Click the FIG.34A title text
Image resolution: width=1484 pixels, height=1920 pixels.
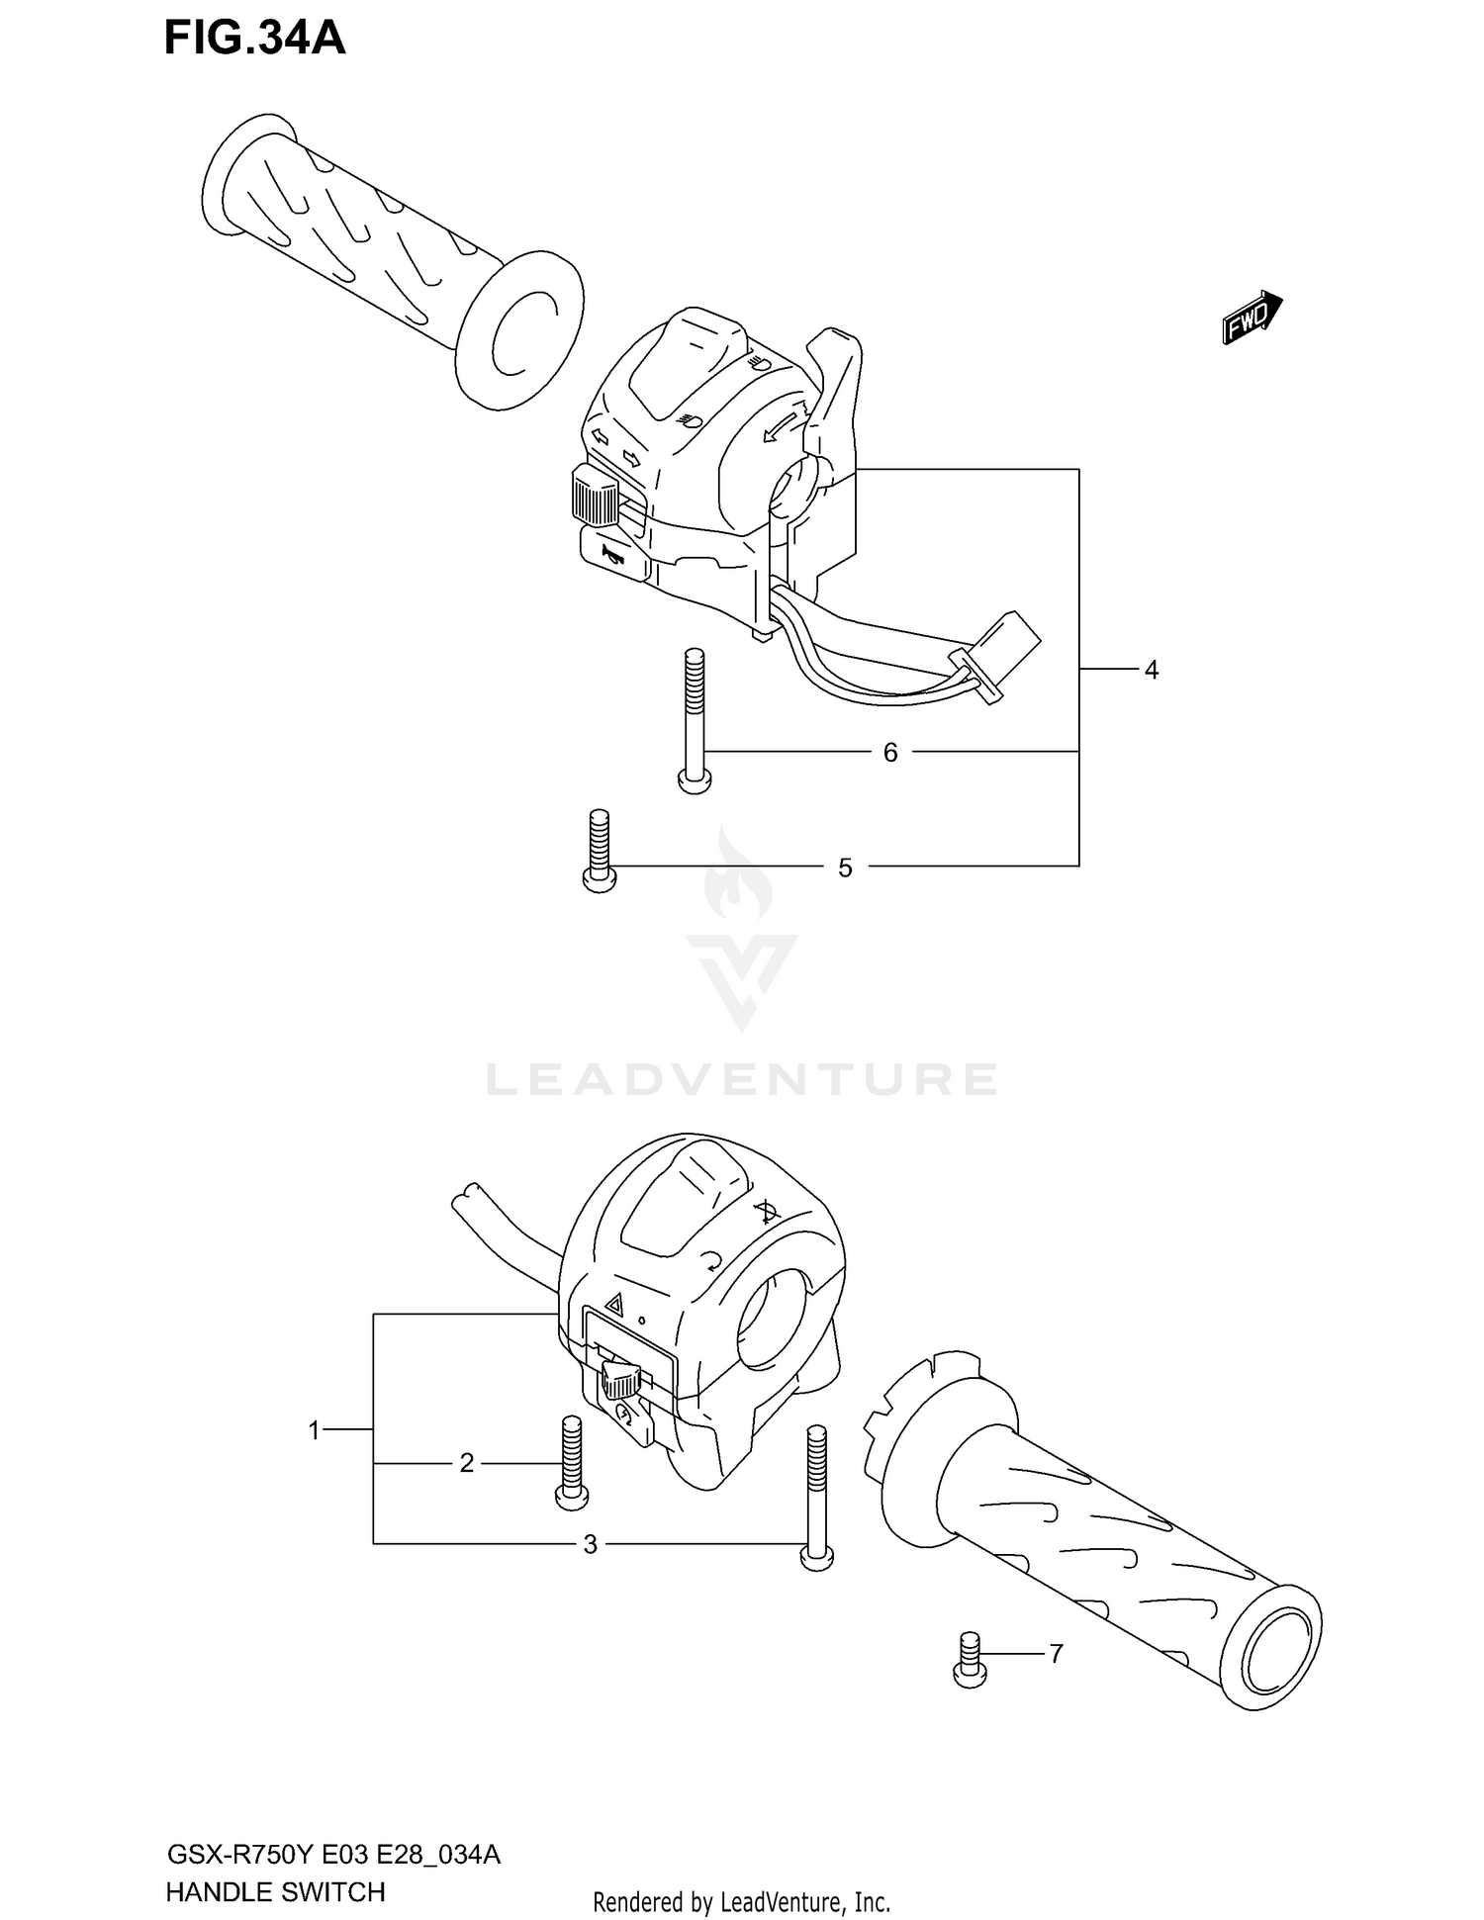pos(254,39)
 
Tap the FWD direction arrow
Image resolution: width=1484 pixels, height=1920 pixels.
pos(1252,318)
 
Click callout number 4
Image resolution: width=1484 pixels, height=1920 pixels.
pos(1151,671)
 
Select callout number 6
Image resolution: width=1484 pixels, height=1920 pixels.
pos(890,754)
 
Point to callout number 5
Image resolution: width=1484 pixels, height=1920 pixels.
pos(845,869)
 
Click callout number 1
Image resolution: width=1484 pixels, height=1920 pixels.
pos(315,1430)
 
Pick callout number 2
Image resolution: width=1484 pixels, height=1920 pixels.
pos(467,1463)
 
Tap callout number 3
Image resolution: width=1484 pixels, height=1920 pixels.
pos(591,1544)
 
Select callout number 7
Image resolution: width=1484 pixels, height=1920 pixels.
pos(1056,1654)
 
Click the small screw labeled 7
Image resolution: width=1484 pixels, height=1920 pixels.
pos(970,1661)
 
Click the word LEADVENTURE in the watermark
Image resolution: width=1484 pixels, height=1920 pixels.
pos(742,1080)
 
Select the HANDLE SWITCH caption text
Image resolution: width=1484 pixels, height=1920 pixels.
pos(275,1892)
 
